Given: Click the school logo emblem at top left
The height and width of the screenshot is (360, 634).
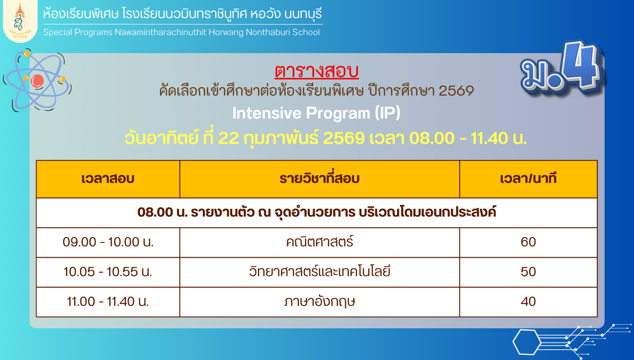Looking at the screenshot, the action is pyautogui.click(x=20, y=20).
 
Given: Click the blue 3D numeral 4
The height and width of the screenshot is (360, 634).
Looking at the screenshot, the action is pyautogui.click(x=580, y=66).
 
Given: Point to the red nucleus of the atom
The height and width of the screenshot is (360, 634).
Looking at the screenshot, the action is pyautogui.click(x=37, y=81).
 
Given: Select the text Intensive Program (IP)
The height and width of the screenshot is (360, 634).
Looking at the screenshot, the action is pyautogui.click(x=317, y=113).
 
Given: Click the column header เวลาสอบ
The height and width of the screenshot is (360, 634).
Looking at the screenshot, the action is pyautogui.click(x=108, y=179).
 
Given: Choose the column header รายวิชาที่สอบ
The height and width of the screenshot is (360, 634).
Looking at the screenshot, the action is pyautogui.click(x=319, y=179).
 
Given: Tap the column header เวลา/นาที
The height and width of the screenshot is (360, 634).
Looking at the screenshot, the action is pyautogui.click(x=529, y=179).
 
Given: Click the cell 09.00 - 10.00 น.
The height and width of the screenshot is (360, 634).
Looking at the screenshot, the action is pyautogui.click(x=108, y=242).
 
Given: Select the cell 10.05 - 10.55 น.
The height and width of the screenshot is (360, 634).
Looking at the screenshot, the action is pyautogui.click(x=108, y=272).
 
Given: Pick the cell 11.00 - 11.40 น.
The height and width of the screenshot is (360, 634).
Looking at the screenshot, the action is pyautogui.click(x=108, y=301).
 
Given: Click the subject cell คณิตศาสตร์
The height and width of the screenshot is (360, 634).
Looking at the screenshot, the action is pyautogui.click(x=319, y=241).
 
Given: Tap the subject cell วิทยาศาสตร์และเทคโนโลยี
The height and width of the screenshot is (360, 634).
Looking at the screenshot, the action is pyautogui.click(x=319, y=271).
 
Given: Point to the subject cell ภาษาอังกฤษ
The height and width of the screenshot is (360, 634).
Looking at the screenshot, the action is pyautogui.click(x=319, y=301).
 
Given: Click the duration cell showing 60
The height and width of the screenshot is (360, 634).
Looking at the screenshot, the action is pyautogui.click(x=529, y=242).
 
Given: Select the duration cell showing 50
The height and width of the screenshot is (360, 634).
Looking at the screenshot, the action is pyautogui.click(x=529, y=272).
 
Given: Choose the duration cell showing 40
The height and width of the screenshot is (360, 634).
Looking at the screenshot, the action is pyautogui.click(x=529, y=301).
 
